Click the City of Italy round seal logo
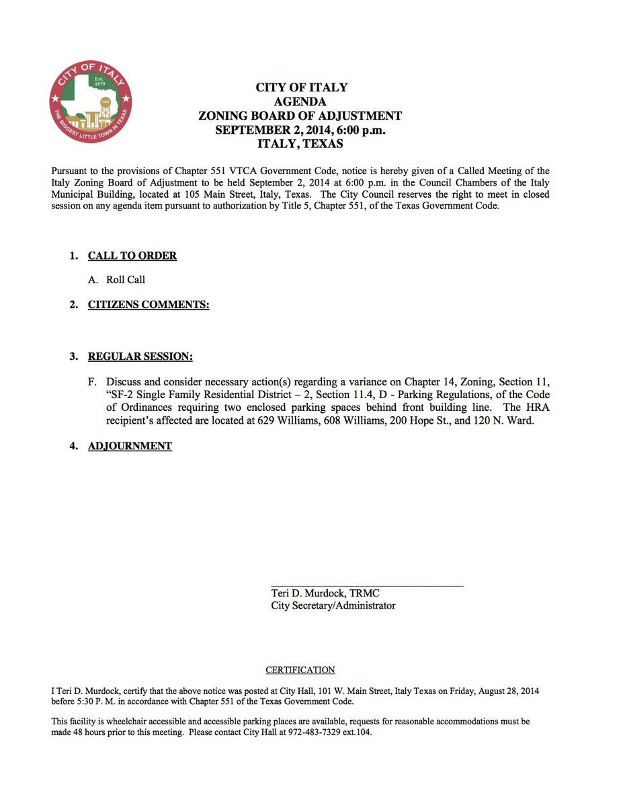click(91, 101)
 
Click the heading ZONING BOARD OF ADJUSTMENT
click(300, 116)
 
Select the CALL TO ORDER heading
click(132, 256)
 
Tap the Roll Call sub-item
click(126, 279)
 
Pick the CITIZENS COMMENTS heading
click(149, 305)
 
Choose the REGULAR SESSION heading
click(140, 356)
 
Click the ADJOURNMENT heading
click(130, 446)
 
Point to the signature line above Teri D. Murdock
click(367, 586)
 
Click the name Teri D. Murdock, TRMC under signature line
click(325, 593)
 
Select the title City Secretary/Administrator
click(333, 605)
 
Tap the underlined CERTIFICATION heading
click(300, 670)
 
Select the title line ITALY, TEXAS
click(300, 144)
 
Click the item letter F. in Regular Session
click(93, 382)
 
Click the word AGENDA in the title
click(300, 102)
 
